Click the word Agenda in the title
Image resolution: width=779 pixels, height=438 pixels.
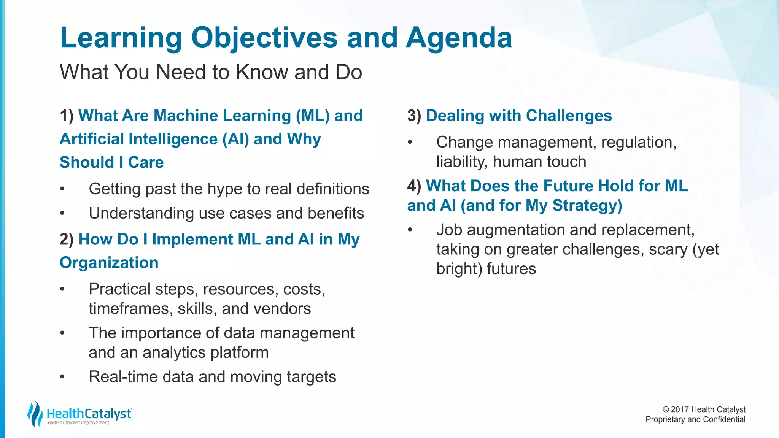click(459, 38)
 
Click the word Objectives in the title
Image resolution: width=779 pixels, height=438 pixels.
click(264, 38)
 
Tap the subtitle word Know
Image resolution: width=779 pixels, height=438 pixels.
click(262, 72)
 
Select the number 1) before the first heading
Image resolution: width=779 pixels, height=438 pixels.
click(67, 116)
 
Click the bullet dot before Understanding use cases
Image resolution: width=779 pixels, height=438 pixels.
click(62, 213)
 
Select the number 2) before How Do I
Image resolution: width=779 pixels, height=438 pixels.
click(67, 239)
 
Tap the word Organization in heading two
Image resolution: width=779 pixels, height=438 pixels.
click(109, 263)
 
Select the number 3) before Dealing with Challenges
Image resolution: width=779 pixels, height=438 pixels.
click(414, 116)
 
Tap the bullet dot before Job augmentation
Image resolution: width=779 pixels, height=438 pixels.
click(410, 230)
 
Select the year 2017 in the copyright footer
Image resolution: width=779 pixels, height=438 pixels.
click(680, 409)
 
